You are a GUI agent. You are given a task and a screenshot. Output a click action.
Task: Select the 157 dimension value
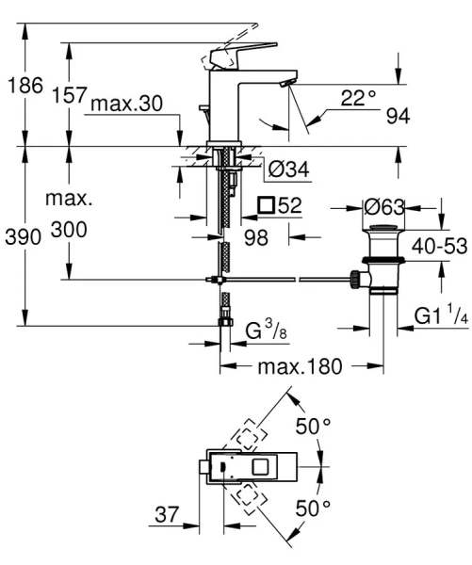point(71,95)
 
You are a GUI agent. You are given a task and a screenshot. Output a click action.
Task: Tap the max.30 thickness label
point(126,104)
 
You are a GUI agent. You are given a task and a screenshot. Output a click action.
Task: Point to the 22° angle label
point(358,96)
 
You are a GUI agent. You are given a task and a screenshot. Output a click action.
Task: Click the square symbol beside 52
point(266,204)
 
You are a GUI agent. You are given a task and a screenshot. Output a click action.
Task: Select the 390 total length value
point(23,238)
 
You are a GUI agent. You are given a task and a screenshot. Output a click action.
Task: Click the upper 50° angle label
point(314,427)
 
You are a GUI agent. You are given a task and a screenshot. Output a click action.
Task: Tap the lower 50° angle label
point(314,508)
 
